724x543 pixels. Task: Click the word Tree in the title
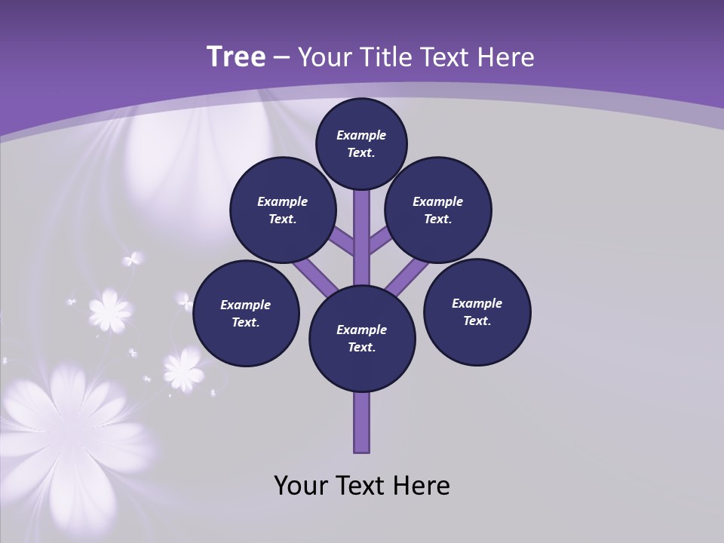pyautogui.click(x=236, y=57)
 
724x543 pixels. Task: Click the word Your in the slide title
pyautogui.click(x=325, y=57)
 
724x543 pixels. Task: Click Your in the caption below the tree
pyautogui.click(x=301, y=486)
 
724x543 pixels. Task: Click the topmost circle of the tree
pyautogui.click(x=361, y=143)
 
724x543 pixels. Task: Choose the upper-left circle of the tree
pyautogui.click(x=283, y=210)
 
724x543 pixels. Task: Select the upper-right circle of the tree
pyautogui.click(x=438, y=210)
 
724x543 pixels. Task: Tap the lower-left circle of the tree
pyautogui.click(x=246, y=313)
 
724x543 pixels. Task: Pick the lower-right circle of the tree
pyautogui.click(x=477, y=311)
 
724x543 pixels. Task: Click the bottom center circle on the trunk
pyautogui.click(x=362, y=339)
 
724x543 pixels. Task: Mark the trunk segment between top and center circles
pyautogui.click(x=362, y=238)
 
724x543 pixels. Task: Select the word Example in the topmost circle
pyautogui.click(x=361, y=135)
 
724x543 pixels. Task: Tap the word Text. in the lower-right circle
pyautogui.click(x=477, y=321)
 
